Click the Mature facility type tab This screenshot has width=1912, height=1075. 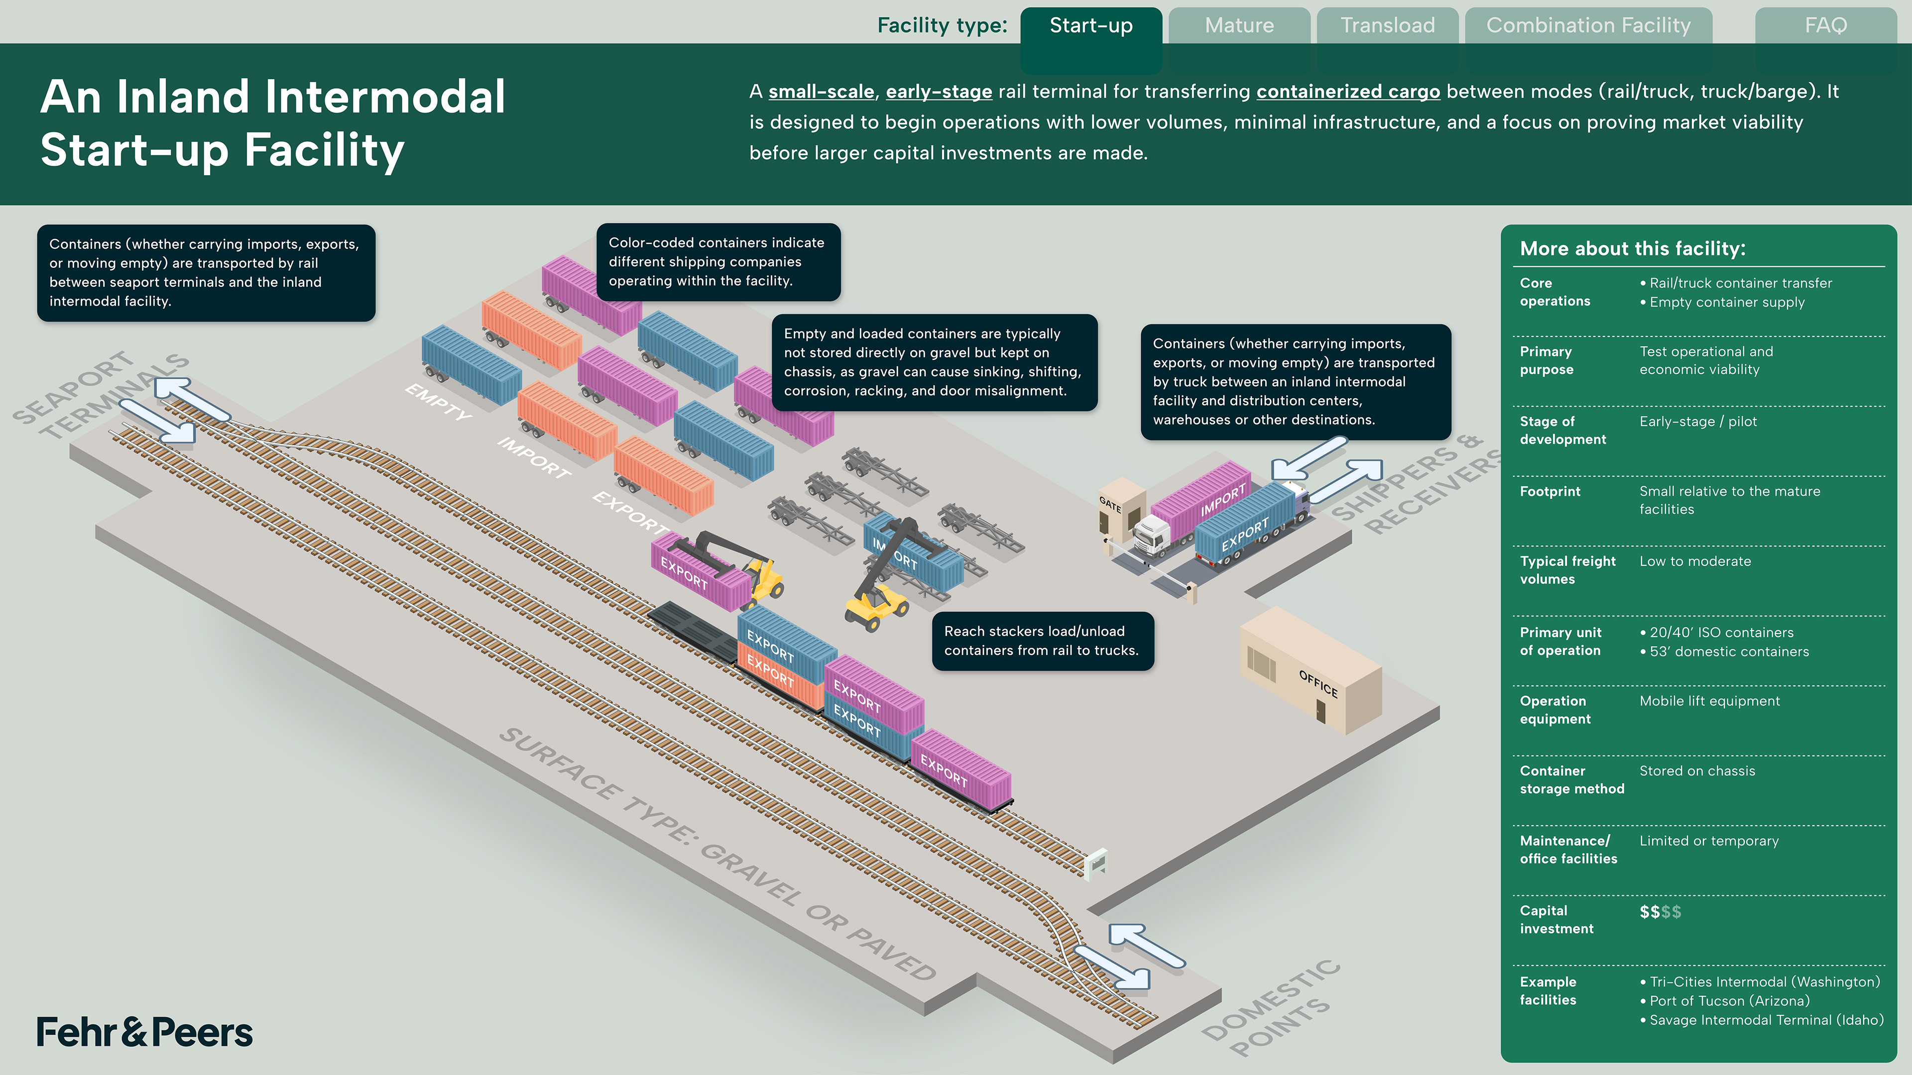[x=1239, y=26]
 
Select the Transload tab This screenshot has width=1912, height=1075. [x=1387, y=26]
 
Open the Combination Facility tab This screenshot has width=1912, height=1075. [x=1588, y=26]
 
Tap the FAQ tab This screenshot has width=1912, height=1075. [x=1825, y=26]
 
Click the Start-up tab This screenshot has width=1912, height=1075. [x=1091, y=26]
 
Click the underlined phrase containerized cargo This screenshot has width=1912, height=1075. [x=1348, y=92]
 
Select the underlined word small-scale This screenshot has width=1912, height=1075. [x=821, y=92]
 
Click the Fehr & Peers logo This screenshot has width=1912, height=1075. [x=145, y=1032]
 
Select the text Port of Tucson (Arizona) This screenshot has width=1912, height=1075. [x=1729, y=1001]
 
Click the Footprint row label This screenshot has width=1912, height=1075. [x=1550, y=491]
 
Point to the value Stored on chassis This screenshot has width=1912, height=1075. [x=1697, y=771]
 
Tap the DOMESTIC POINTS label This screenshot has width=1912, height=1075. [x=1271, y=1009]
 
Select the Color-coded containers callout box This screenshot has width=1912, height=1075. [x=717, y=262]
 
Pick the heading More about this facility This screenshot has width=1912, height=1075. [x=1632, y=248]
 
